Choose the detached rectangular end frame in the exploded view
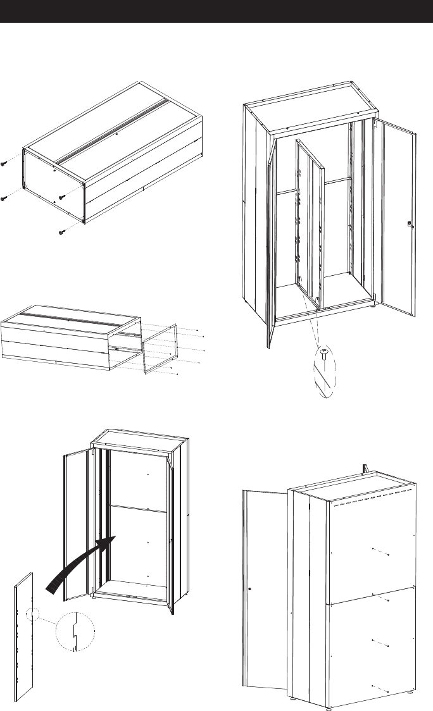(158, 347)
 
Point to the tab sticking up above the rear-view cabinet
(365, 468)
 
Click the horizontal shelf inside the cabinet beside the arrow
(138, 507)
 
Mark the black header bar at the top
(216, 11)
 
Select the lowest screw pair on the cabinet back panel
(379, 687)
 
